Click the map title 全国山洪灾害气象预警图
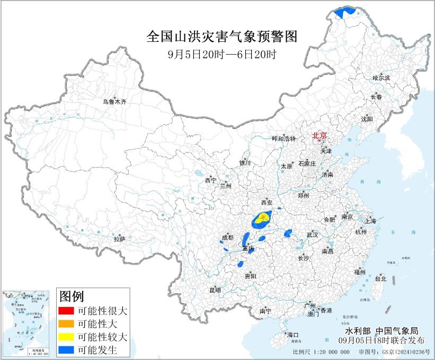221,37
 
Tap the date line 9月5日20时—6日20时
221,54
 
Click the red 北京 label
319,135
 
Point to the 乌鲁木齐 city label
115,101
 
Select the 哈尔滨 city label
381,78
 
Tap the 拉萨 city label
119,239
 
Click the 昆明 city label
215,290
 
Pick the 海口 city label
292,335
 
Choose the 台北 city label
380,278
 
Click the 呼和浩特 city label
283,138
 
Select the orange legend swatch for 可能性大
66,323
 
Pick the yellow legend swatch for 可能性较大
66,336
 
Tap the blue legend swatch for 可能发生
66,349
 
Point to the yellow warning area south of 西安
263,217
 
